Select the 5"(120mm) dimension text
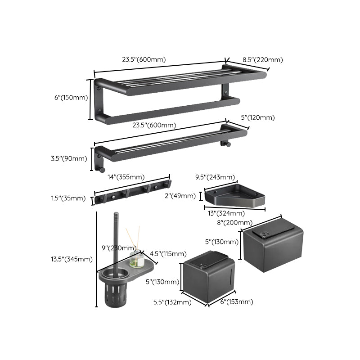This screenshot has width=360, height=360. pos(257,118)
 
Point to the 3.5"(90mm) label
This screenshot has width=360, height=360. pos(74,158)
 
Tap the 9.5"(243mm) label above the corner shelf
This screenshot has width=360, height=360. pos(220,176)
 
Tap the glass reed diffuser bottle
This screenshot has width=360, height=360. pos(135,259)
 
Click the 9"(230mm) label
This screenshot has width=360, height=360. pos(119,247)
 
